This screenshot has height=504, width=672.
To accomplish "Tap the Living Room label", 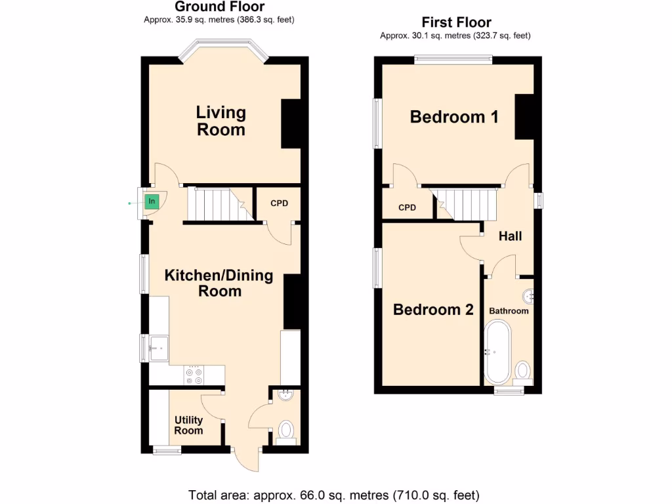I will coord(221,121).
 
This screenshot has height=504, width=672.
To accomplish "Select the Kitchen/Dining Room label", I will coord(219,283).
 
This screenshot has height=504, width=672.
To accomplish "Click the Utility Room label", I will coord(188,425).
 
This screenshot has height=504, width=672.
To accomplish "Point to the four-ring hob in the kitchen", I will coord(195,375).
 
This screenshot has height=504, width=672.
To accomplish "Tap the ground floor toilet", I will coord(286,431).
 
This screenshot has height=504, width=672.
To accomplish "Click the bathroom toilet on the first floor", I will coord(523,371).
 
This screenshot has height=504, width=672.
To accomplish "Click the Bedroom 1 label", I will coord(454,117).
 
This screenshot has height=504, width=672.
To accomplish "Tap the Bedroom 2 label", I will coord(433,310).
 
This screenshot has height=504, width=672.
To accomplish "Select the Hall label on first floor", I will coord(510,236).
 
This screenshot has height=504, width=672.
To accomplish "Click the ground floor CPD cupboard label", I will coord(280,203).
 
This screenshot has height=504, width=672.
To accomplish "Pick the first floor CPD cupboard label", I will coord(407,208).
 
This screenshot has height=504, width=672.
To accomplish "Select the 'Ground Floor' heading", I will coord(219,7).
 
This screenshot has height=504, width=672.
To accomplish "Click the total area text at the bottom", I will coord(334,494).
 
